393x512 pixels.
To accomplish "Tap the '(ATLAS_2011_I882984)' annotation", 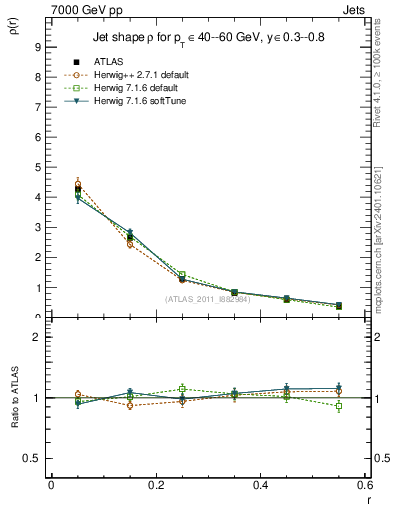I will pos(208,299).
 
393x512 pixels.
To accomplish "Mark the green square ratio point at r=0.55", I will pos(339,406).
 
